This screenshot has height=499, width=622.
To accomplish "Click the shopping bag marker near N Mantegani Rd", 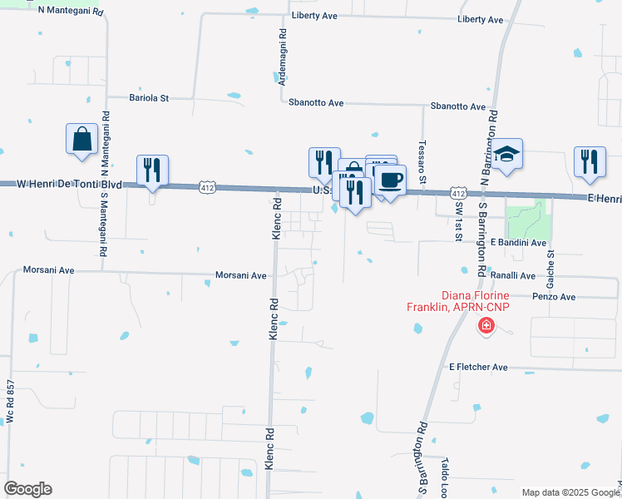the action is click(x=82, y=140).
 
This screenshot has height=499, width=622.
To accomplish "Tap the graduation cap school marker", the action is click(x=506, y=155).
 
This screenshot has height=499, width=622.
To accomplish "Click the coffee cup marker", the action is click(x=389, y=180).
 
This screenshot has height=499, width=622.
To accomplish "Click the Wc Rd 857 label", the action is click(x=11, y=403).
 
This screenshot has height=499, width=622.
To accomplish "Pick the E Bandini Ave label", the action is click(x=518, y=243).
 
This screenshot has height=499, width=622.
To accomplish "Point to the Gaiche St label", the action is click(x=550, y=266).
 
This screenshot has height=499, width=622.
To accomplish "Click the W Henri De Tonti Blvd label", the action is click(x=70, y=184).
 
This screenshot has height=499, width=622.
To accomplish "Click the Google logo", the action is click(x=27, y=489).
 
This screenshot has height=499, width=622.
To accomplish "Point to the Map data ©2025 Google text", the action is click(x=565, y=492).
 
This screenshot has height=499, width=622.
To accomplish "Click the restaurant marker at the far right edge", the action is click(x=590, y=162).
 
